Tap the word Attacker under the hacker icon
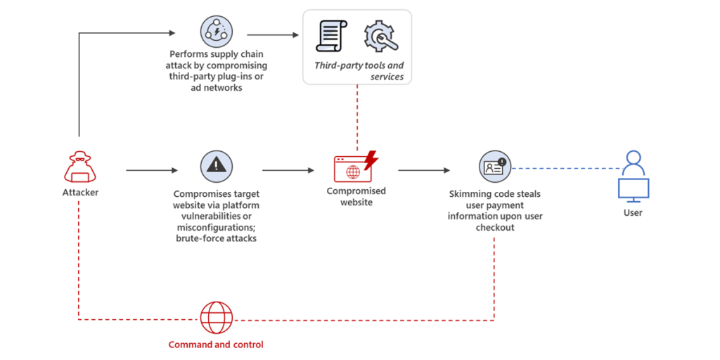[x=80, y=192]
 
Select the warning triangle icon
[x=217, y=165]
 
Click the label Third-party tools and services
[x=359, y=71]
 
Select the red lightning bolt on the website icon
[x=371, y=160]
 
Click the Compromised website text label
[x=356, y=196]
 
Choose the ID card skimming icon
[x=493, y=167]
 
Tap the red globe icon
[x=216, y=318]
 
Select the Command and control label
[x=216, y=345]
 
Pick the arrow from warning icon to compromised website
[x=288, y=170]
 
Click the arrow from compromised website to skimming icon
[x=424, y=170]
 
